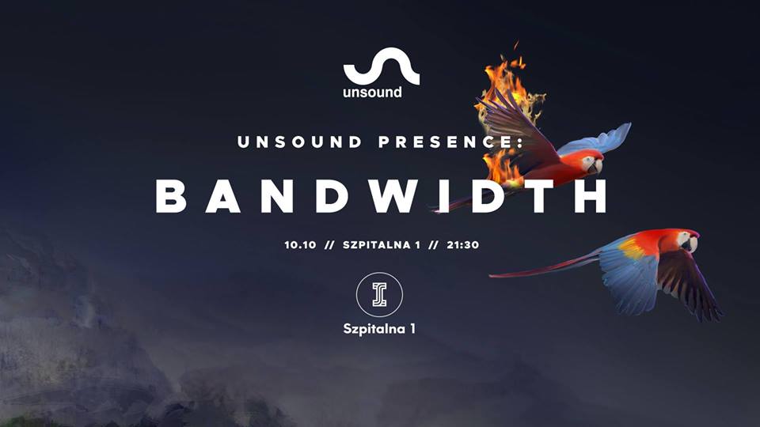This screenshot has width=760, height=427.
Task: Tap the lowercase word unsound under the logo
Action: [372, 92]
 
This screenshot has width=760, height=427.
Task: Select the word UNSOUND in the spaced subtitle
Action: [299, 142]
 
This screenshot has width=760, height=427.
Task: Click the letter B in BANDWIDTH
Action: [171, 196]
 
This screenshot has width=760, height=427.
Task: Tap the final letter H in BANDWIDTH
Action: [591, 196]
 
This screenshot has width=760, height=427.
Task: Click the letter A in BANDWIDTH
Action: [223, 196]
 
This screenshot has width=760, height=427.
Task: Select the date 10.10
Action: [300, 245]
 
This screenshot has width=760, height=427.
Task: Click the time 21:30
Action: [463, 245]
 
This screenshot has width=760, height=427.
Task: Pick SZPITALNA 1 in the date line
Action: [382, 245]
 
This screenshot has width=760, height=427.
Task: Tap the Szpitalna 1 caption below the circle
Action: [379, 329]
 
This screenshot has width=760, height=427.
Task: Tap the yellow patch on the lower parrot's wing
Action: [631, 248]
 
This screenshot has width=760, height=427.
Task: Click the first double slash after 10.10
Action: [329, 245]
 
